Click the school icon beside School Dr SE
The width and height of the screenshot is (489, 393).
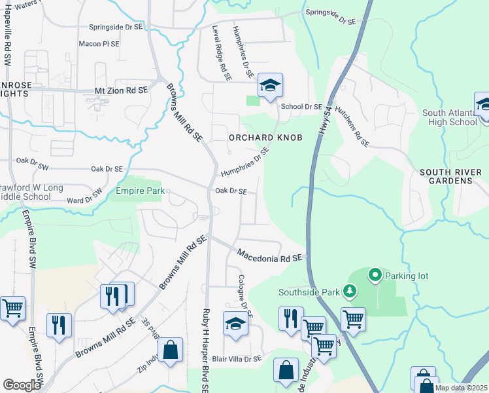click(269, 85)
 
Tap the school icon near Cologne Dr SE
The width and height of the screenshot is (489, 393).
click(236, 324)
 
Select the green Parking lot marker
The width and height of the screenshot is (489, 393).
click(375, 275)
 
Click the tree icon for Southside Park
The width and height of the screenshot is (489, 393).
click(350, 290)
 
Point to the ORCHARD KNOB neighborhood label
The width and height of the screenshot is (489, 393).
click(258, 138)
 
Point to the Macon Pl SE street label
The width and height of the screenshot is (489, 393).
click(99, 44)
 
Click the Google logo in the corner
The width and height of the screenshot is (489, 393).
click(22, 384)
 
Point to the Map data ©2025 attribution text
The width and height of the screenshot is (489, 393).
click(461, 388)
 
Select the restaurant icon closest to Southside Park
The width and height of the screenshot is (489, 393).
click(290, 318)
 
